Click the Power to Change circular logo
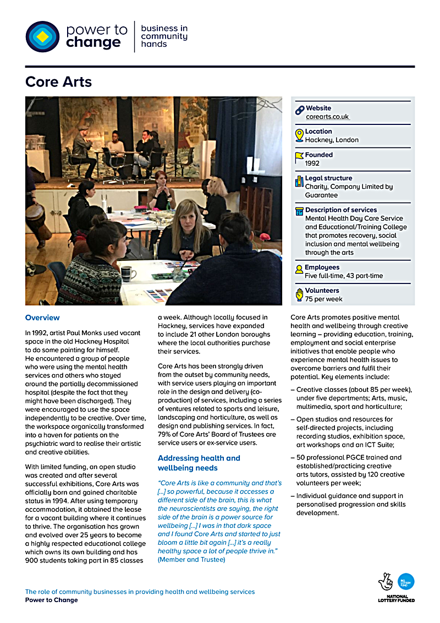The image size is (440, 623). pyautogui.click(x=42, y=37)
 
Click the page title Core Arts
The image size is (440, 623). pyautogui.click(x=58, y=83)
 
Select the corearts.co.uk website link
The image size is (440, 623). pyautogui.click(x=328, y=117)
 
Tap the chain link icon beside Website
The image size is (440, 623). pyautogui.click(x=299, y=110)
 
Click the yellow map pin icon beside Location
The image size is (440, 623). pyautogui.click(x=299, y=135)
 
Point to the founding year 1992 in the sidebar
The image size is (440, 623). pyautogui.click(x=312, y=163)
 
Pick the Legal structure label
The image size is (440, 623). pyautogui.click(x=328, y=178)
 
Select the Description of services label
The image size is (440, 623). pyautogui.click(x=341, y=210)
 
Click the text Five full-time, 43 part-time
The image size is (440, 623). pyautogui.click(x=344, y=276)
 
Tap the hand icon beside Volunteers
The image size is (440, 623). pyautogui.click(x=299, y=294)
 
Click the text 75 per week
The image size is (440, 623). pyautogui.click(x=323, y=299)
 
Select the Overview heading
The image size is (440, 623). pyautogui.click(x=42, y=318)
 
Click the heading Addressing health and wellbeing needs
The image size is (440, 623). pyautogui.click(x=199, y=463)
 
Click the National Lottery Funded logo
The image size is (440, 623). pyautogui.click(x=396, y=587)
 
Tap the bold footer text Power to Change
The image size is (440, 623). pyautogui.click(x=51, y=600)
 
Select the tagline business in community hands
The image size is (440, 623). pyautogui.click(x=164, y=36)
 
